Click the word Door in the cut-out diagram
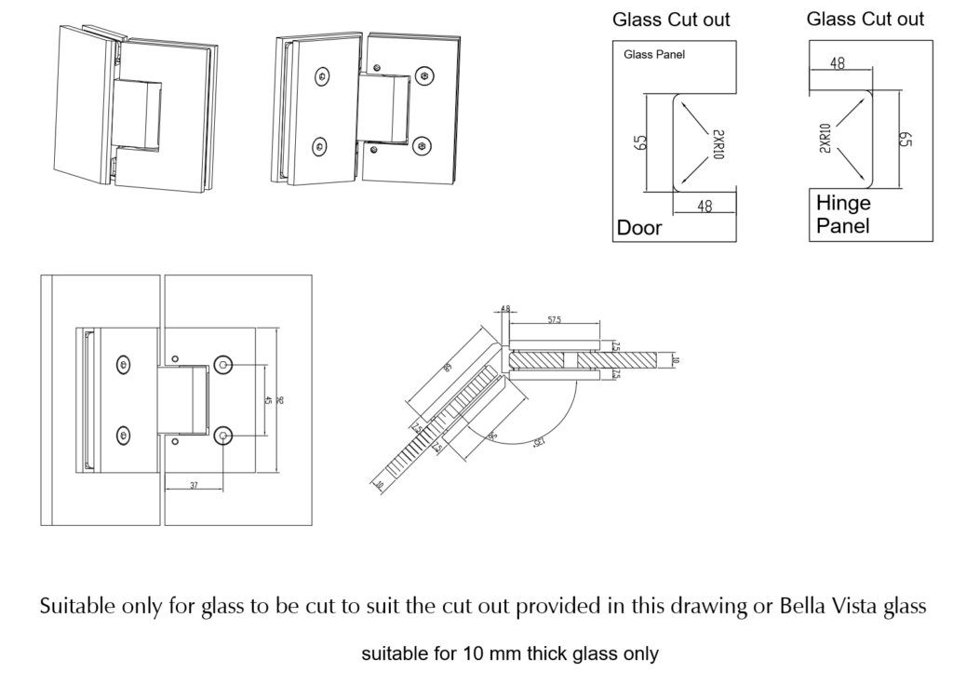coord(639,228)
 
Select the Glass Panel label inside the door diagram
coord(654,55)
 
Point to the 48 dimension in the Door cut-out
coord(705,207)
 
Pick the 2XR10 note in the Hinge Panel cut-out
coord(825,138)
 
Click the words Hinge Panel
coord(843,214)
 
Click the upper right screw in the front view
coord(223,365)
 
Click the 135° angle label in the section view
coord(537,445)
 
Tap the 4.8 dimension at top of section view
coord(505,308)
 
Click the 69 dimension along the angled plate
coord(449,369)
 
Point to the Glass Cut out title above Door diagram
coord(671,20)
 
